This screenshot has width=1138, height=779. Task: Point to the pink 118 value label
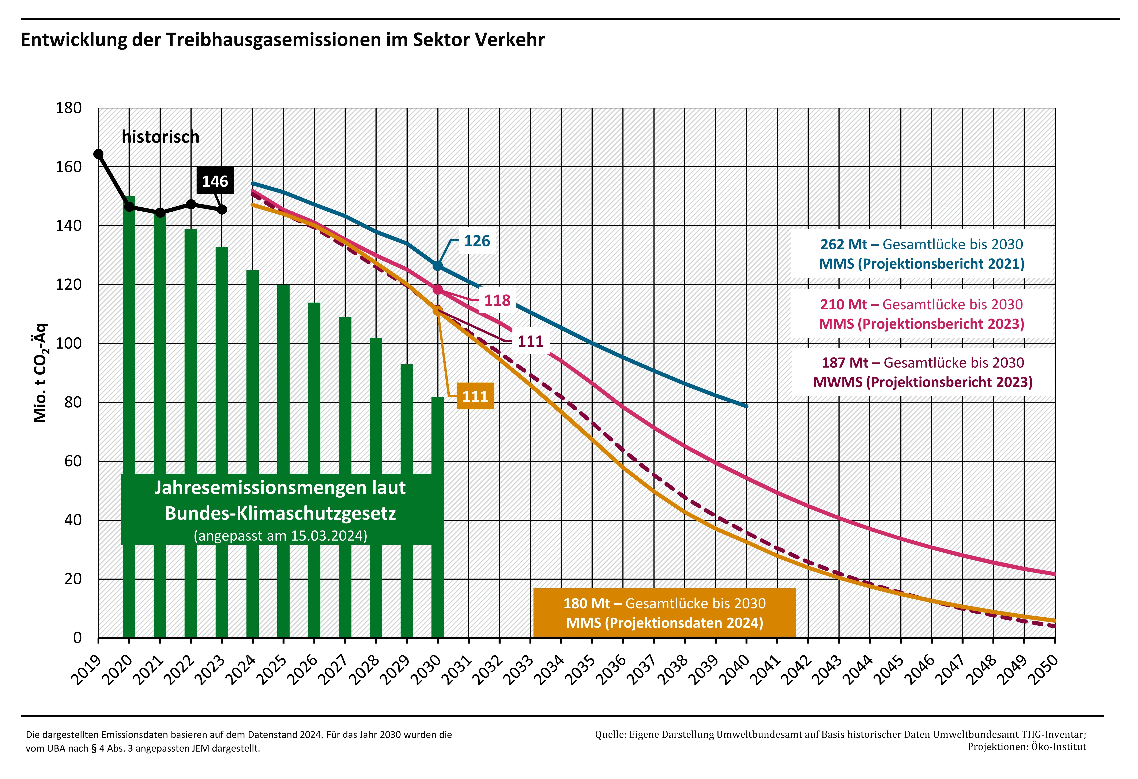coord(497,300)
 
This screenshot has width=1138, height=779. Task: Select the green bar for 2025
coord(283,382)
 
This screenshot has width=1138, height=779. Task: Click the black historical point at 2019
coord(98,154)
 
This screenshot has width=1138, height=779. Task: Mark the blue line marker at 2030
coord(438,266)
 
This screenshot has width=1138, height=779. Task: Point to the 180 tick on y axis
coord(69,108)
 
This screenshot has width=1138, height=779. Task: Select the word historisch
coord(161,137)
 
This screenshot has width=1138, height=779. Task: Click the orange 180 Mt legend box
coord(664,613)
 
